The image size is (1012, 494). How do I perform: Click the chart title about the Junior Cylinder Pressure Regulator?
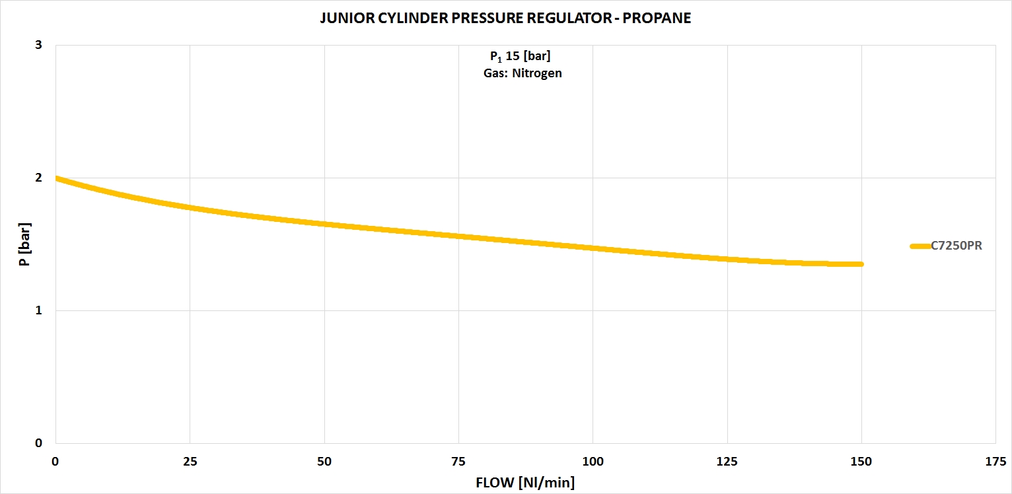click(505, 18)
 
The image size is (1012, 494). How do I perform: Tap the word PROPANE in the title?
click(657, 18)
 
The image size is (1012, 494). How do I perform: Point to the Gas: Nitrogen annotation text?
click(522, 73)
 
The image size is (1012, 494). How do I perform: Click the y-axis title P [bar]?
click(24, 245)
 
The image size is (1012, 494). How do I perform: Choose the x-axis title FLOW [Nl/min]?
click(525, 483)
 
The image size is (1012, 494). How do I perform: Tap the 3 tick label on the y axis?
click(38, 46)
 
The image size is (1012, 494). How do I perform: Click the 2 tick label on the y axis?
click(38, 178)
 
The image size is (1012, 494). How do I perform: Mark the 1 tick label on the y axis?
click(38, 310)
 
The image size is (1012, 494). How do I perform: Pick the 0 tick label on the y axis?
click(38, 443)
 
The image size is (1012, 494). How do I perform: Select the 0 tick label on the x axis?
click(55, 461)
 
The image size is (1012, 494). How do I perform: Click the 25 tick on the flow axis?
click(190, 461)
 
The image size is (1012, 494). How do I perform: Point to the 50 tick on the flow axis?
click(324, 461)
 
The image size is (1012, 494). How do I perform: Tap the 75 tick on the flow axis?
click(458, 461)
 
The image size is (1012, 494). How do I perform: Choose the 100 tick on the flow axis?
click(593, 461)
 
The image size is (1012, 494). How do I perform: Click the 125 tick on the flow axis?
click(727, 461)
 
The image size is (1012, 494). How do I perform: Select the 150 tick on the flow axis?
click(861, 461)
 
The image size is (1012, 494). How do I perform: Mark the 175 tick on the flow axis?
click(995, 461)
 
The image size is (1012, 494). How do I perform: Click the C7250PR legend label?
click(956, 246)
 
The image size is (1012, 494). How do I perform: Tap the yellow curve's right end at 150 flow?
click(861, 264)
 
